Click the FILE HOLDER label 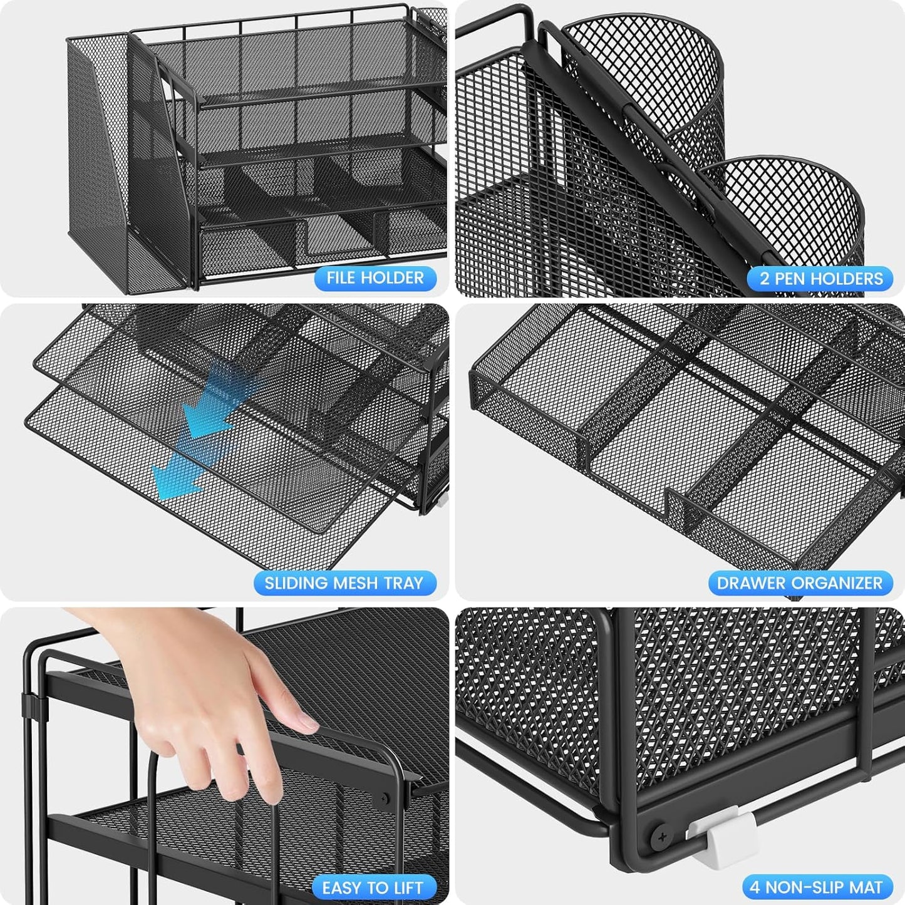point(375,277)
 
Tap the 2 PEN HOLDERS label point(820,278)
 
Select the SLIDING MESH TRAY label point(344,583)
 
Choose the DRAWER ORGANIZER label point(800,583)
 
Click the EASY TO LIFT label point(373,887)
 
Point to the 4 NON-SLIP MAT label point(816,887)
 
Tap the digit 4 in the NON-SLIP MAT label point(755,887)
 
